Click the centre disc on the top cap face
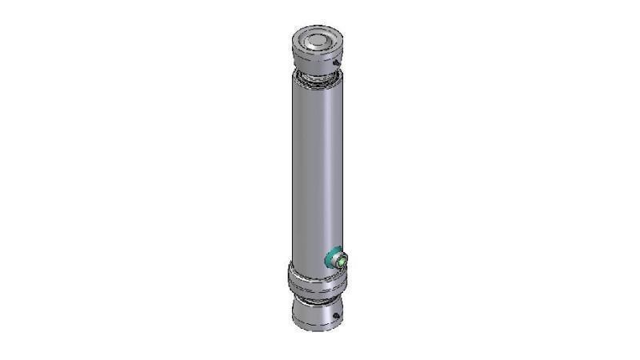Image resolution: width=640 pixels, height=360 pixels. tap(317, 40)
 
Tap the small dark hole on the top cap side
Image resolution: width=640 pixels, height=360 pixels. tap(338, 64)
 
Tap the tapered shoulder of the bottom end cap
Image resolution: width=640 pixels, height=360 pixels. tap(315, 307)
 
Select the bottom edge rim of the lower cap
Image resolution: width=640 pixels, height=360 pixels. tap(315, 329)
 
